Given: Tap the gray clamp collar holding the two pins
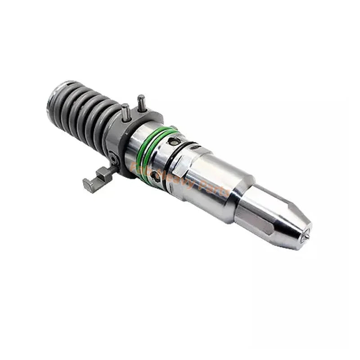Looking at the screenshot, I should (130, 130).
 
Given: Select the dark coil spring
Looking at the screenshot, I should (85, 112).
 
